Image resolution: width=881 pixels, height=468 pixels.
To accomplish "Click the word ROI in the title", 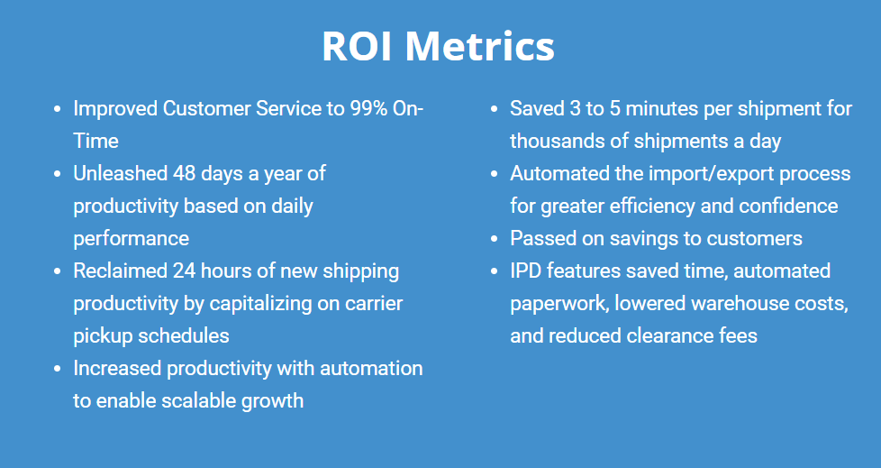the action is pos(357,46).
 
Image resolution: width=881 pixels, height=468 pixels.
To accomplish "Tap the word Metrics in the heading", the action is pos(480,46).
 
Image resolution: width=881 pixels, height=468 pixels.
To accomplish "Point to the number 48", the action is pos(184,173).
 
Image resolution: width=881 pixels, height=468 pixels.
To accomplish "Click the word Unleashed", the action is pos(120,173).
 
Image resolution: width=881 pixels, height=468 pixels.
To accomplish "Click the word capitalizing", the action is pos(268,304).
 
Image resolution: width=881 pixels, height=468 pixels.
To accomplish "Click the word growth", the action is pos(273,401).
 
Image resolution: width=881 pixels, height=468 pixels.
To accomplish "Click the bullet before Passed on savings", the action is pos(495,239).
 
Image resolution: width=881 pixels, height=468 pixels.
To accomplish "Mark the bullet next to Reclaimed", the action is pos(58,271).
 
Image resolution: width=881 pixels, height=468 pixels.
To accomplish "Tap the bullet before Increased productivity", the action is pos(58,369).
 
